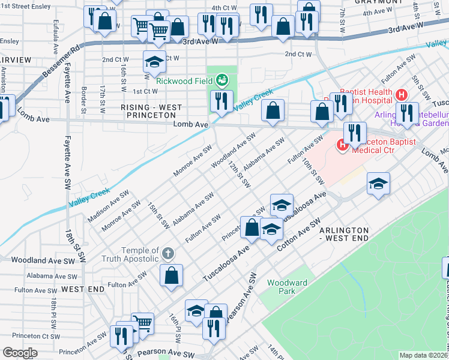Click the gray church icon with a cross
(x=169, y=254)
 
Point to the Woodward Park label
(x=287, y=287)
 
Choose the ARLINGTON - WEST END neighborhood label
(x=351, y=234)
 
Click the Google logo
(x=20, y=353)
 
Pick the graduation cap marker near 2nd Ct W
(x=154, y=61)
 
